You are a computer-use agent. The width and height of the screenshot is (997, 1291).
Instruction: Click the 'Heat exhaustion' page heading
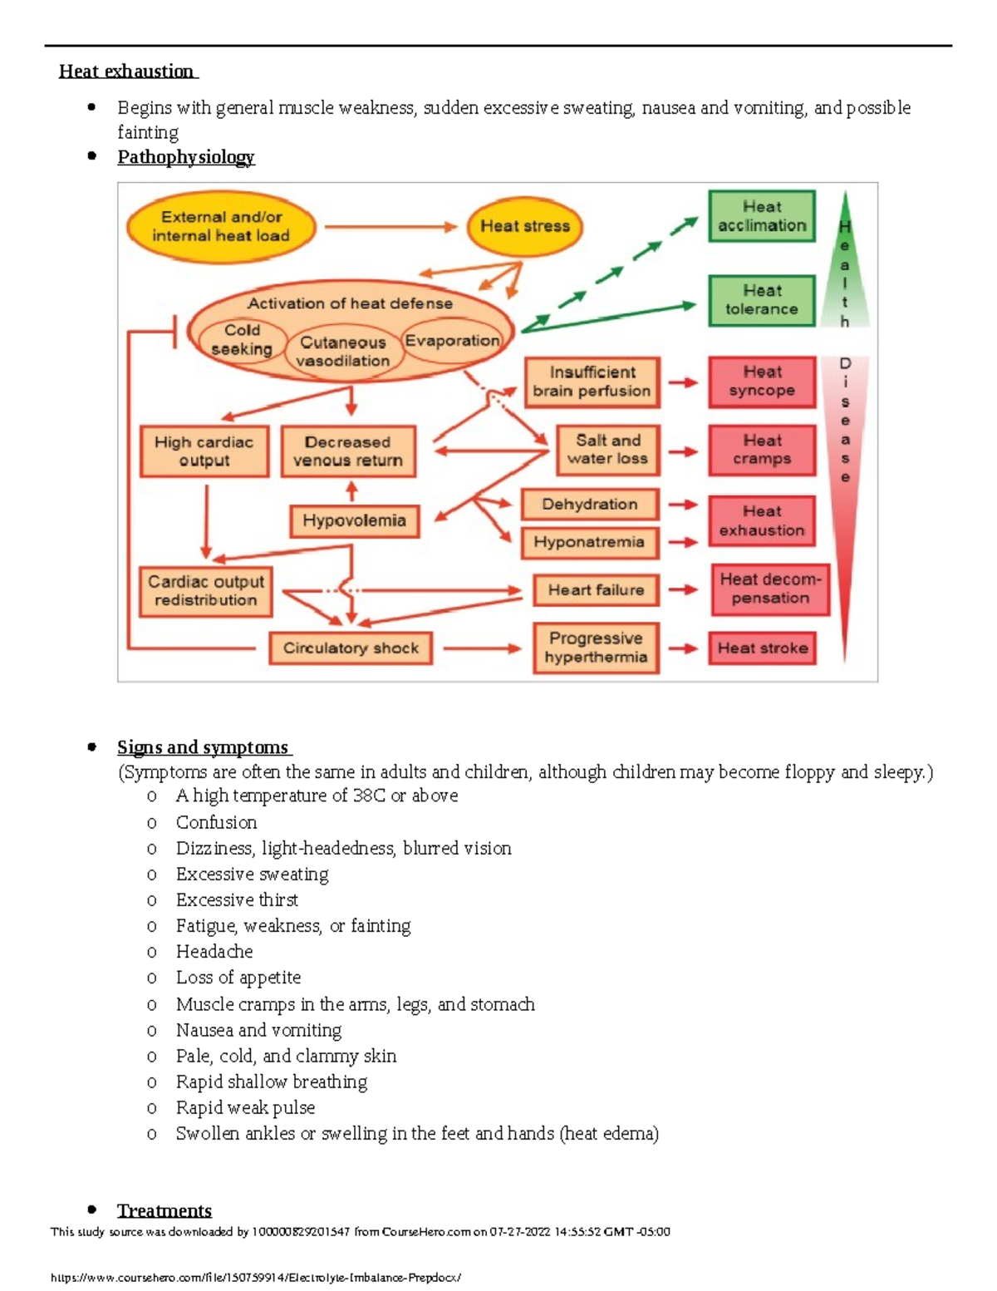(x=127, y=71)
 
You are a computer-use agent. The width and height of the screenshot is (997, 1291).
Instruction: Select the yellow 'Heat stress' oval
(x=524, y=226)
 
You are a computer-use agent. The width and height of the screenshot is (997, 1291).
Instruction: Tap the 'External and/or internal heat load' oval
(x=221, y=226)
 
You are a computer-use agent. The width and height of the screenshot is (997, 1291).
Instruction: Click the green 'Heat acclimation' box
(x=761, y=216)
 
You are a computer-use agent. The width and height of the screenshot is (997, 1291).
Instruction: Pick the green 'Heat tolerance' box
(x=761, y=300)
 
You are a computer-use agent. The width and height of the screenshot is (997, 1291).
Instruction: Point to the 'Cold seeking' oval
(x=242, y=340)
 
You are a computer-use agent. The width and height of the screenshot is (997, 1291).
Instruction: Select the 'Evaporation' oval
(x=452, y=341)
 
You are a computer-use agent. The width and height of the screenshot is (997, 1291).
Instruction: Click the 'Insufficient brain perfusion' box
(x=592, y=382)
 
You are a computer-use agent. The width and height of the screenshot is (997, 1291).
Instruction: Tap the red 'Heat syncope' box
(x=761, y=382)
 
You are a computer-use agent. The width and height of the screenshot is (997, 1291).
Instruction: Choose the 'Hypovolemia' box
(x=354, y=521)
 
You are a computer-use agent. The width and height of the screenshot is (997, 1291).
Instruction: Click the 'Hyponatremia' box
(x=589, y=542)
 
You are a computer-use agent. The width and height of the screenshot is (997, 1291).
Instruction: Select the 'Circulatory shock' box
(x=351, y=648)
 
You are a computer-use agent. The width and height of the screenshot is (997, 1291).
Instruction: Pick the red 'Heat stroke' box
(x=762, y=648)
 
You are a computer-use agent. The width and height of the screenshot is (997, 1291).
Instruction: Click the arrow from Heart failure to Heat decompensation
(x=683, y=590)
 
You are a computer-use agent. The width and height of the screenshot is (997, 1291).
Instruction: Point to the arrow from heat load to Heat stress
(x=390, y=226)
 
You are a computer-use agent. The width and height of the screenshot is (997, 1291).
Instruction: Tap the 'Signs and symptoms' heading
(x=203, y=747)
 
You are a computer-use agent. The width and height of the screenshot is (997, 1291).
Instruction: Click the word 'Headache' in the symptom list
(x=214, y=952)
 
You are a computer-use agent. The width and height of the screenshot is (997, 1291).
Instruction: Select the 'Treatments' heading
(x=165, y=1210)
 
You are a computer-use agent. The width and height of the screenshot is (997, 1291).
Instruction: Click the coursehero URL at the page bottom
(x=256, y=1278)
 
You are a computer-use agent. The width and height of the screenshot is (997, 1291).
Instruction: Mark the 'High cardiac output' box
(x=204, y=451)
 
